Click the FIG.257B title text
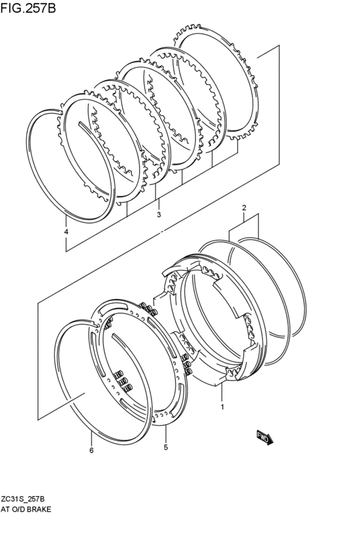click(28, 7)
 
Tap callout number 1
click(222, 406)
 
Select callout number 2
click(244, 208)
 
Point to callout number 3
click(159, 214)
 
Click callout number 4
click(66, 231)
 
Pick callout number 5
click(166, 447)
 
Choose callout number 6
click(91, 450)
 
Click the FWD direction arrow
click(265, 438)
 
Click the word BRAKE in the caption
click(39, 509)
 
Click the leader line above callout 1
click(222, 392)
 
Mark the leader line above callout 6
click(91, 438)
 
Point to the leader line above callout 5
click(166, 433)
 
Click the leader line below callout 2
click(244, 218)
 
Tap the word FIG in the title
click(11, 7)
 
